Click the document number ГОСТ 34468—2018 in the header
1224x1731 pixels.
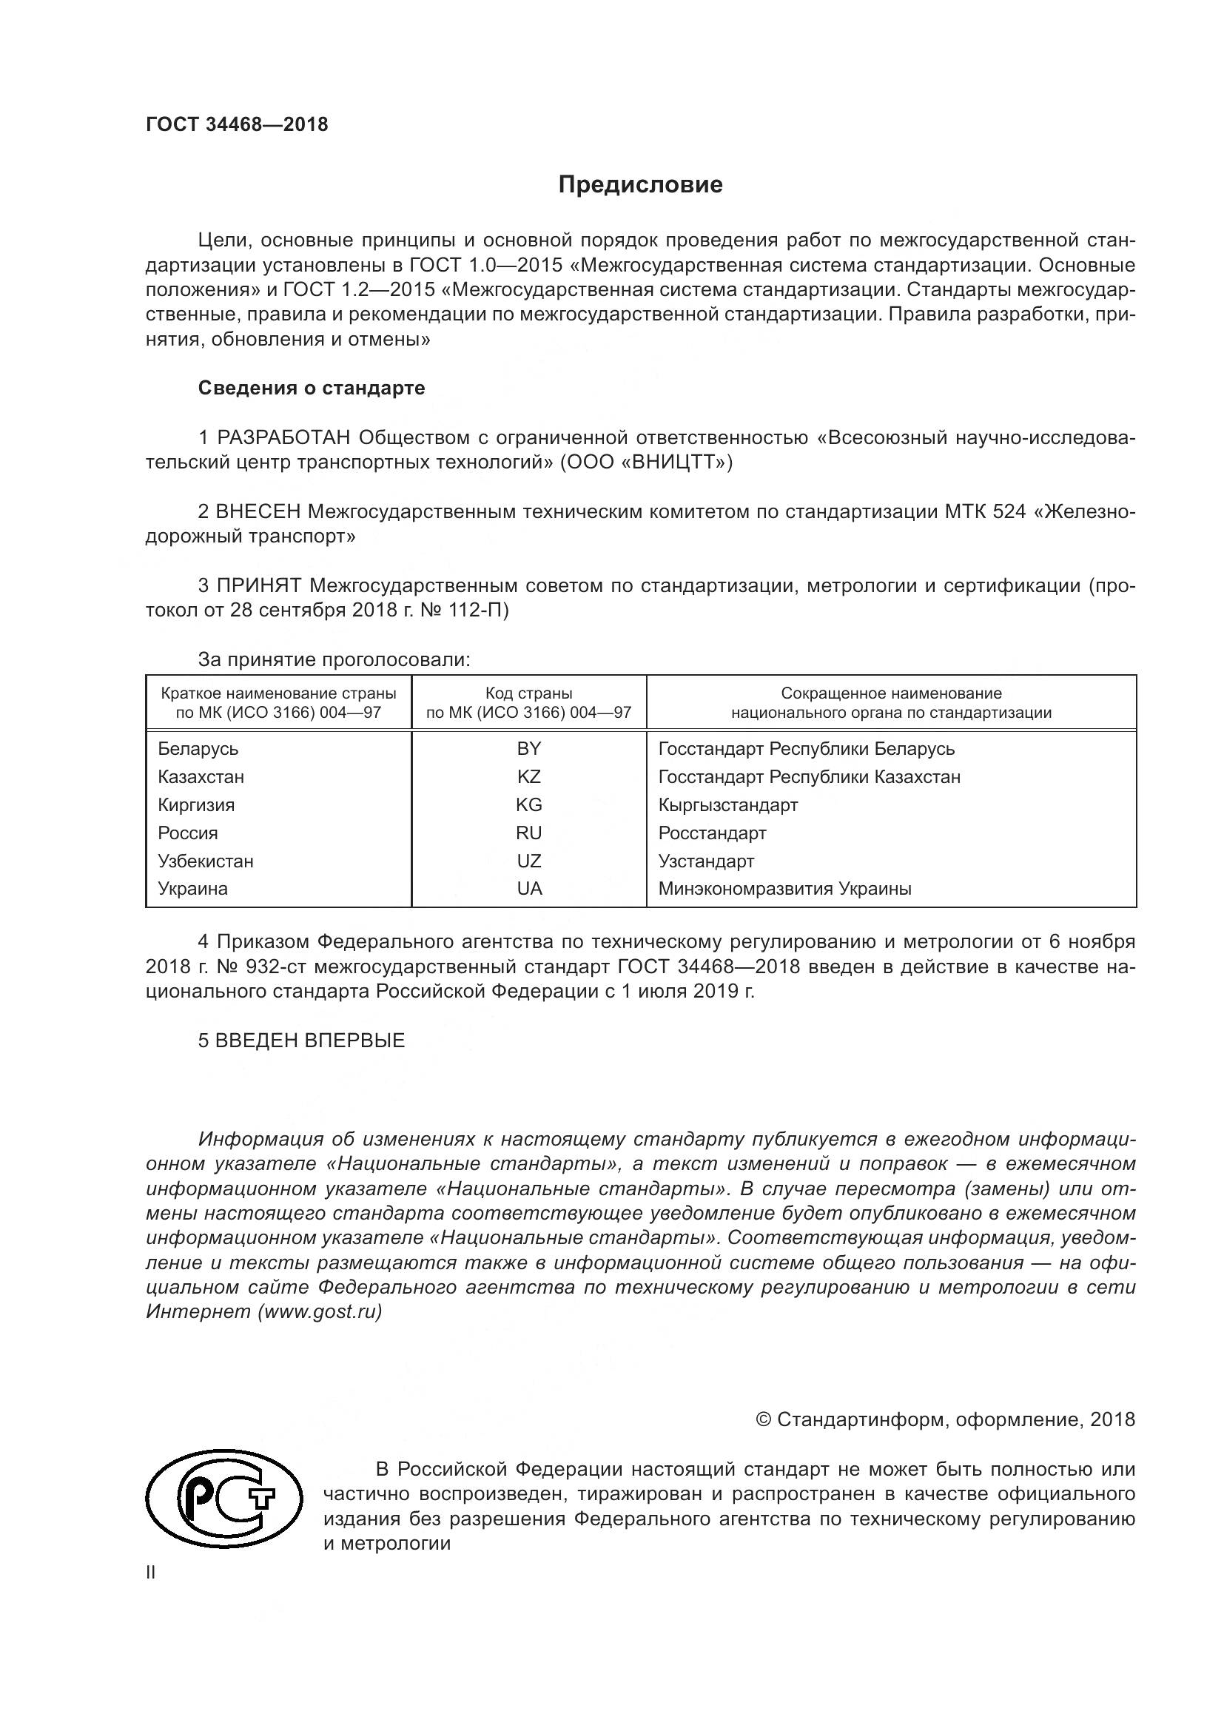coord(237,125)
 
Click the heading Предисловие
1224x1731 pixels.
coord(640,186)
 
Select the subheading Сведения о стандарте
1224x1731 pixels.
coord(312,389)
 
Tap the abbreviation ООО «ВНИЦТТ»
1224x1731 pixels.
coord(646,462)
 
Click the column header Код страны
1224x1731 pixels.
coord(528,693)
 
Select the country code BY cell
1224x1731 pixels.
coord(529,749)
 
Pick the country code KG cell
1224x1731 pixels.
coord(529,805)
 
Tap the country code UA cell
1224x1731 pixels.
coord(529,889)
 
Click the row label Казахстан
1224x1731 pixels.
coord(201,777)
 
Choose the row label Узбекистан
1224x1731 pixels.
coord(205,861)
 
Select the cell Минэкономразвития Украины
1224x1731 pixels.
coord(784,889)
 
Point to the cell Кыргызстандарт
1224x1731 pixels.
coord(728,805)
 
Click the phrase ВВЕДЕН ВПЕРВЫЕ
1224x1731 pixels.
coord(310,1041)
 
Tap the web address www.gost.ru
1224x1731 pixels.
coord(320,1311)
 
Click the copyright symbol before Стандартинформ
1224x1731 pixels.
coord(763,1420)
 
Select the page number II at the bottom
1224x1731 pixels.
coord(151,1573)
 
